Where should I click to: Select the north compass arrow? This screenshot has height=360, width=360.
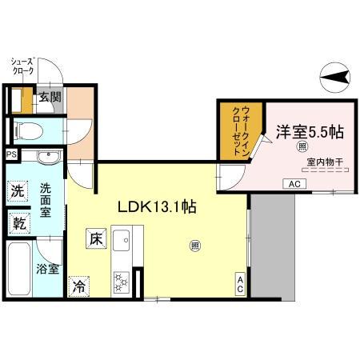338,78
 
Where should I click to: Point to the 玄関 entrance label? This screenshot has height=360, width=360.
50,98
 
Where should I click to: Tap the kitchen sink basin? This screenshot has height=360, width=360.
122,239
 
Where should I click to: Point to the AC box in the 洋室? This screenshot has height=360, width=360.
294,184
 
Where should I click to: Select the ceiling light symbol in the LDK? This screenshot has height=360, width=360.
194,246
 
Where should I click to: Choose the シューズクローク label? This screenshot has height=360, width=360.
22,66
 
